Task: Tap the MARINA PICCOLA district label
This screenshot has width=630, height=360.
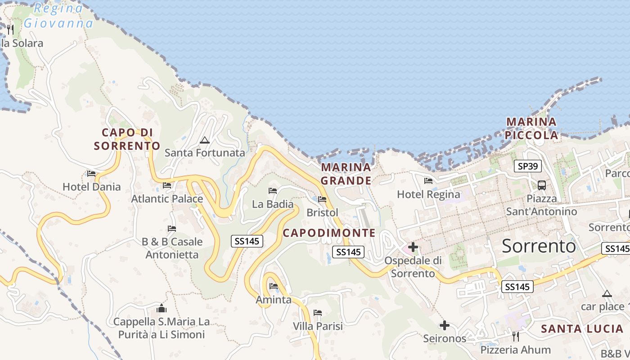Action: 531,128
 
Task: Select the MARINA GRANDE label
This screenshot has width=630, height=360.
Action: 346,174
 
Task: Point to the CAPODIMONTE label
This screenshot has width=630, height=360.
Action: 329,233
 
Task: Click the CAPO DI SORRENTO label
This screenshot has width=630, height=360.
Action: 127,139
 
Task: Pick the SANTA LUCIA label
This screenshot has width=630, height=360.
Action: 582,328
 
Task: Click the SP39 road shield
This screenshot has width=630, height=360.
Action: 528,166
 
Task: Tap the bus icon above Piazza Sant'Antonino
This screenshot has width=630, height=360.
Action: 542,185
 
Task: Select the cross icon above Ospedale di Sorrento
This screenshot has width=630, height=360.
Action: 413,247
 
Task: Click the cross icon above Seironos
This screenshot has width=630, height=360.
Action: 445,325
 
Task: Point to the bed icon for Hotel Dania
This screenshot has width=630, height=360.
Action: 91,174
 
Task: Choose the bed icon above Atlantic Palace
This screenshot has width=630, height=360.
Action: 167,185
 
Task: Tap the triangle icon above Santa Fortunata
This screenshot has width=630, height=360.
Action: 205,140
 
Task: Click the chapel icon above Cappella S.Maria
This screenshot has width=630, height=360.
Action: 161,308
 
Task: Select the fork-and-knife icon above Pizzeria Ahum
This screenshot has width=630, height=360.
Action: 516,337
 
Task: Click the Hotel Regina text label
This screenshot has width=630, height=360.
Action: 428,194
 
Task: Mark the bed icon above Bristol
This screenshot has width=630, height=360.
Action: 322,199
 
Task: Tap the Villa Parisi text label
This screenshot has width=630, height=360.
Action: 318,326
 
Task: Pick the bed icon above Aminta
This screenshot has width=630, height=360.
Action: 273,286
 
